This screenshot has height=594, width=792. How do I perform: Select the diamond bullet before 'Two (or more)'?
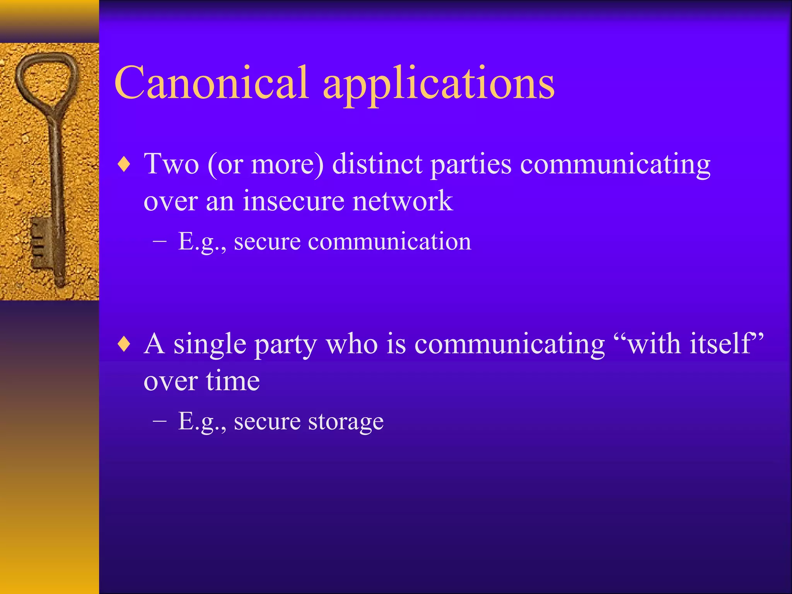point(124,165)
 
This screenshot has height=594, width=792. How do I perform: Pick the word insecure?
point(293,201)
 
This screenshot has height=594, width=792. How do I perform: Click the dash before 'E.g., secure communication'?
point(159,241)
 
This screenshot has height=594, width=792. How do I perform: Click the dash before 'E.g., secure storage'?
point(159,421)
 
